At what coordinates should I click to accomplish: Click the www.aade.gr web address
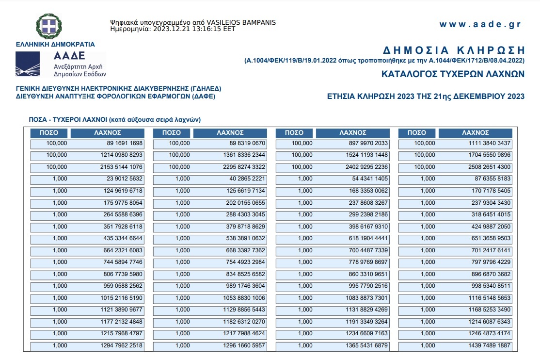click(479, 25)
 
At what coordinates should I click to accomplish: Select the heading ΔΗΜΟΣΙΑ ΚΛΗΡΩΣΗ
click(454, 50)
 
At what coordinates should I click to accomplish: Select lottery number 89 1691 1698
click(125, 144)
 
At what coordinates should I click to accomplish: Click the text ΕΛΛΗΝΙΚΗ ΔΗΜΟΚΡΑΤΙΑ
click(55, 44)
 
